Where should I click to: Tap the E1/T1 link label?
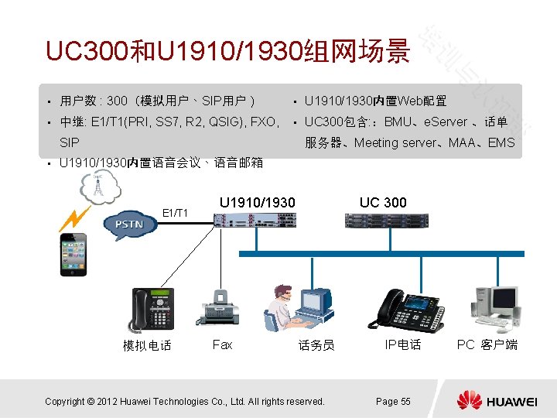click(174, 210)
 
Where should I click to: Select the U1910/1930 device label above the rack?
click(257, 203)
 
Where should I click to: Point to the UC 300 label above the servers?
click(383, 203)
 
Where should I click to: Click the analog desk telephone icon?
click(152, 310)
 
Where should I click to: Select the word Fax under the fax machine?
click(222, 344)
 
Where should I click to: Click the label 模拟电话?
click(147, 345)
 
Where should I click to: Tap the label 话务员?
click(316, 345)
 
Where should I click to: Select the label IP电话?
click(403, 344)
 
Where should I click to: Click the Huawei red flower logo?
click(469, 400)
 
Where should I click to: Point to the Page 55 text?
click(393, 401)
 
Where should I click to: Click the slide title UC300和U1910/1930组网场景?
click(227, 52)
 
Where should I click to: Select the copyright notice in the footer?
click(185, 401)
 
